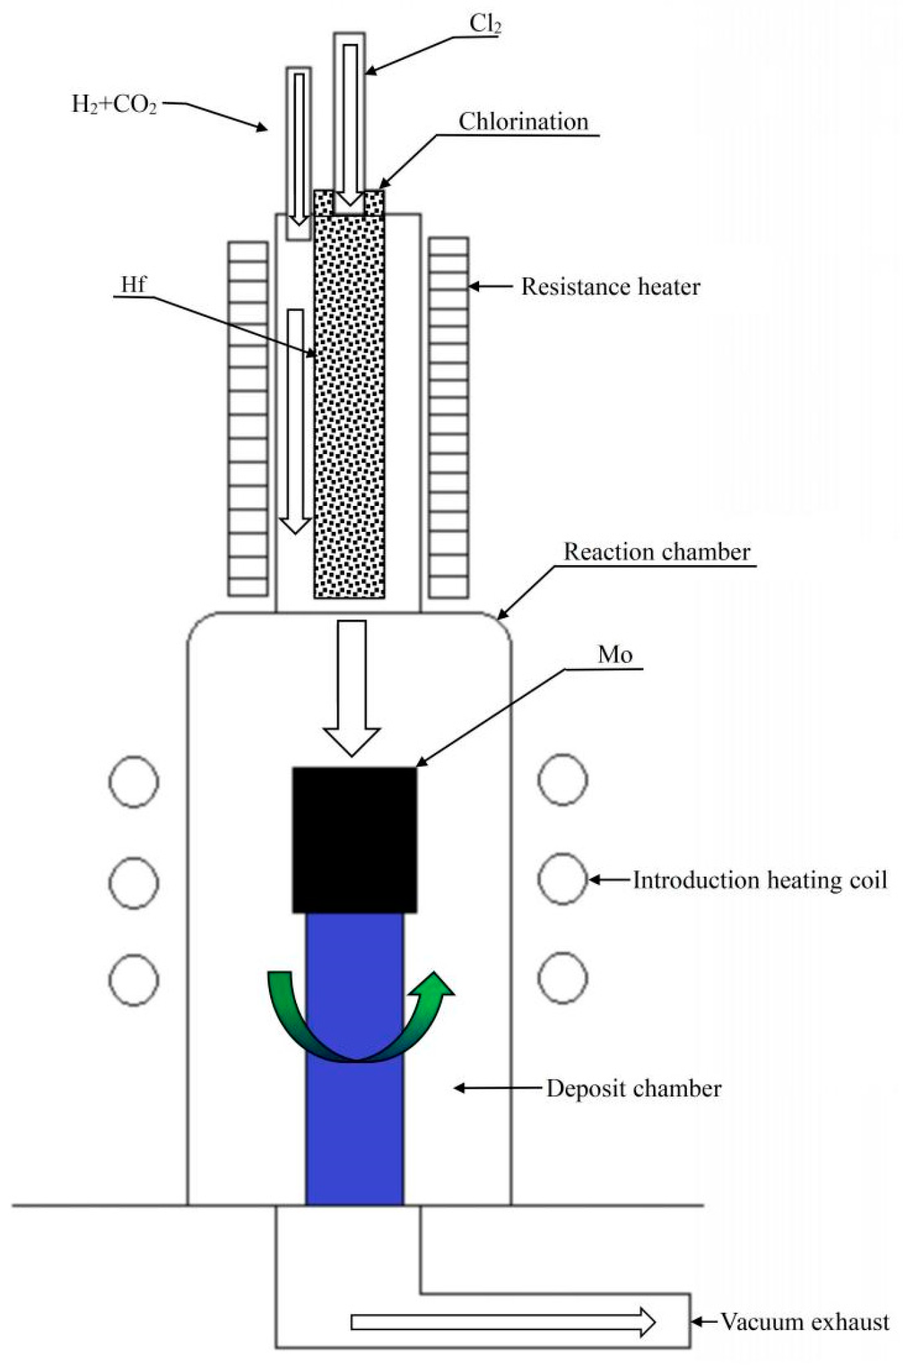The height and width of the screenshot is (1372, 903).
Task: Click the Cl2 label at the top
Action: (485, 24)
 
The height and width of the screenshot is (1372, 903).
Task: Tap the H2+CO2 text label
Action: (114, 105)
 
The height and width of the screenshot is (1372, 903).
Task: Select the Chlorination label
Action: (524, 122)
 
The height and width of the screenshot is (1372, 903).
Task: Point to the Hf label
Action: (133, 285)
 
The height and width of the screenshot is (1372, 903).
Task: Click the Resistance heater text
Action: (610, 287)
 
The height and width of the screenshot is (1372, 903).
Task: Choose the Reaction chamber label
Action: (657, 552)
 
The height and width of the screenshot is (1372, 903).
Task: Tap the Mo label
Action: (615, 655)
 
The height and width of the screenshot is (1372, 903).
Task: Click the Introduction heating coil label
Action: (759, 880)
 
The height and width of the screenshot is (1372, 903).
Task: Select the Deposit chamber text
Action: (633, 1089)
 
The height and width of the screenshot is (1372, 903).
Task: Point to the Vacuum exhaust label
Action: (805, 1322)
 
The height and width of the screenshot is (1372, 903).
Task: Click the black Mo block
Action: (355, 839)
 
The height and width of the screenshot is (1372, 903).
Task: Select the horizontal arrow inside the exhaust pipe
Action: (503, 1322)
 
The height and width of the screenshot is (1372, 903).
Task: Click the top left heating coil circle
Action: (134, 782)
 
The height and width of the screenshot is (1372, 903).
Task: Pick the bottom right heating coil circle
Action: (562, 978)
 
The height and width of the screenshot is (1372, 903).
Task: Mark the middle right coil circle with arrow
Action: (562, 879)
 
